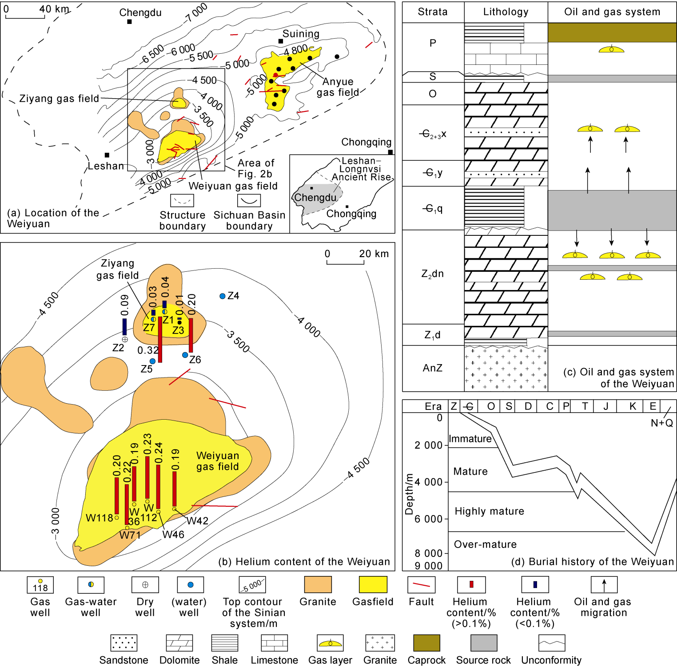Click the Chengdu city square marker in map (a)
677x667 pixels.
click(129, 21)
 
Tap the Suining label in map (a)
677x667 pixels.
click(301, 34)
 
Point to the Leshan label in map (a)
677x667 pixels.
click(106, 166)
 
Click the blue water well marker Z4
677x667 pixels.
click(223, 296)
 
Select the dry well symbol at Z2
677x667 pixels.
click(125, 339)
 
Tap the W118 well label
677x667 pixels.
click(99, 518)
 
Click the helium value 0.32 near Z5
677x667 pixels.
click(147, 350)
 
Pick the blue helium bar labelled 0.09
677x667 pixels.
click(124, 326)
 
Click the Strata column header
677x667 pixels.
click(433, 12)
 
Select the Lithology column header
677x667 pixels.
click(506, 12)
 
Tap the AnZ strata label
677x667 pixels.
click(433, 368)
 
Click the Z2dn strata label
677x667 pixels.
click(432, 274)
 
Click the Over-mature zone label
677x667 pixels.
click(485, 544)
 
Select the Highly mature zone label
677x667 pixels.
click(489, 512)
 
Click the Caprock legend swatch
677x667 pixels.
click(426, 643)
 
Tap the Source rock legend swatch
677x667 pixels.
click(483, 643)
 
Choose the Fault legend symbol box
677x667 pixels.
click(421, 585)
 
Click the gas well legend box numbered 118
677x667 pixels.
click(40, 585)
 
